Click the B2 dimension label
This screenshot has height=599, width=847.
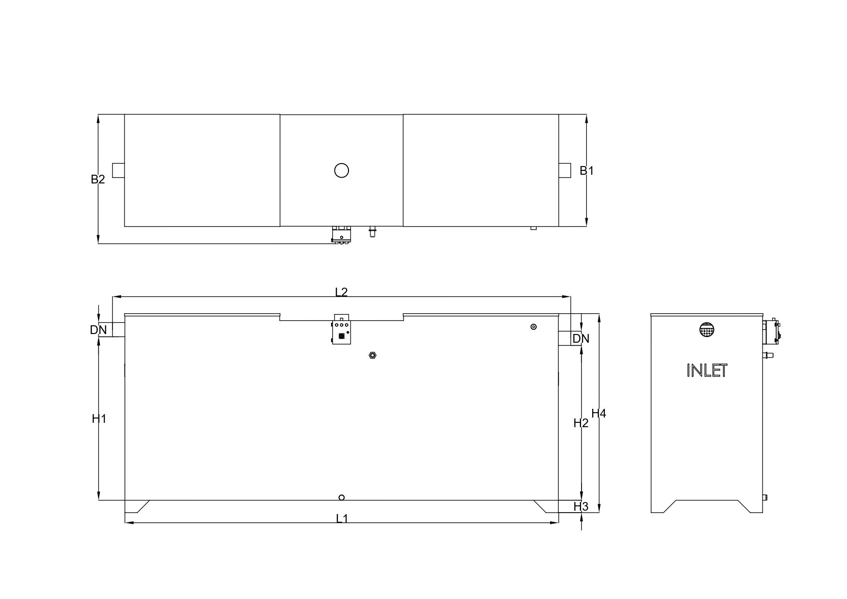coord(97,180)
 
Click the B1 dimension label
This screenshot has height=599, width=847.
coord(586,170)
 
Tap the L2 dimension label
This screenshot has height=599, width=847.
coord(341,292)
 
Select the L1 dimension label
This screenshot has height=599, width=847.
coord(342,518)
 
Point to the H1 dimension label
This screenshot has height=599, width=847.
coord(99,419)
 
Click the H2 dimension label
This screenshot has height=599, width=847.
coord(581,423)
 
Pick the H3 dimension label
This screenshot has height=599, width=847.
coord(581,507)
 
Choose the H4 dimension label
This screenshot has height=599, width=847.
coord(598,414)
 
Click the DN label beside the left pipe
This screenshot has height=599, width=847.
coord(98,330)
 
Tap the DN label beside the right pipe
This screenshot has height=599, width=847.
coord(581,339)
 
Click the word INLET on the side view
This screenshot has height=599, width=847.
coord(707,371)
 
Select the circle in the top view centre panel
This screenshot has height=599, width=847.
coord(341,170)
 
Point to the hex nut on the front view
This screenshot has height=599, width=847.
coord(372,356)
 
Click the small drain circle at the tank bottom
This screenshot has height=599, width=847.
coord(342,498)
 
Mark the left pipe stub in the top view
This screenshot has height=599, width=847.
coord(118,170)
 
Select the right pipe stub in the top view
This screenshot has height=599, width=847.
coord(565,170)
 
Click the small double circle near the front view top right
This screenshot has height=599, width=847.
coord(533,327)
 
